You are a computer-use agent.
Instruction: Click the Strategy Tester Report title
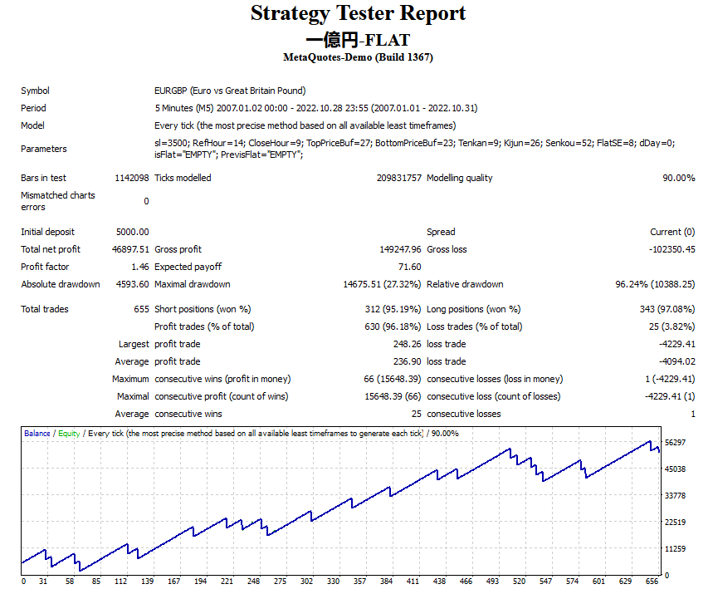pyautogui.click(x=358, y=14)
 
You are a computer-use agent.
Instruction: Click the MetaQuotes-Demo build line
pyautogui.click(x=358, y=57)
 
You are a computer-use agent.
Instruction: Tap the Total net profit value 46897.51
pyautogui.click(x=132, y=249)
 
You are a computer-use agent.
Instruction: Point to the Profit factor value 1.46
pyautogui.click(x=140, y=267)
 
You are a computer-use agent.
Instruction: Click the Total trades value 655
pyautogui.click(x=141, y=309)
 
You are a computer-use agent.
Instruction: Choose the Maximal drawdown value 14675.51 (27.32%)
pyautogui.click(x=382, y=284)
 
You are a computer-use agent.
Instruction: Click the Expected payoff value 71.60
pyautogui.click(x=409, y=267)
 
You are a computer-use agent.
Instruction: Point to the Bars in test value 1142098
pyautogui.click(x=131, y=178)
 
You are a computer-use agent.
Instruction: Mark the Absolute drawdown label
pyautogui.click(x=61, y=284)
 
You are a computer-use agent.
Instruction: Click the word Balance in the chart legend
pyautogui.click(x=37, y=434)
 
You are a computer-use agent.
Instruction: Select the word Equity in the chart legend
pyautogui.click(x=69, y=434)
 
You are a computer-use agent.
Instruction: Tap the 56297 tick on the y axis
pyautogui.click(x=675, y=443)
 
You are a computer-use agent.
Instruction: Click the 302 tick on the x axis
pyautogui.click(x=307, y=582)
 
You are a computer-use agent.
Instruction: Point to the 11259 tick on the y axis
pyautogui.click(x=675, y=549)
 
